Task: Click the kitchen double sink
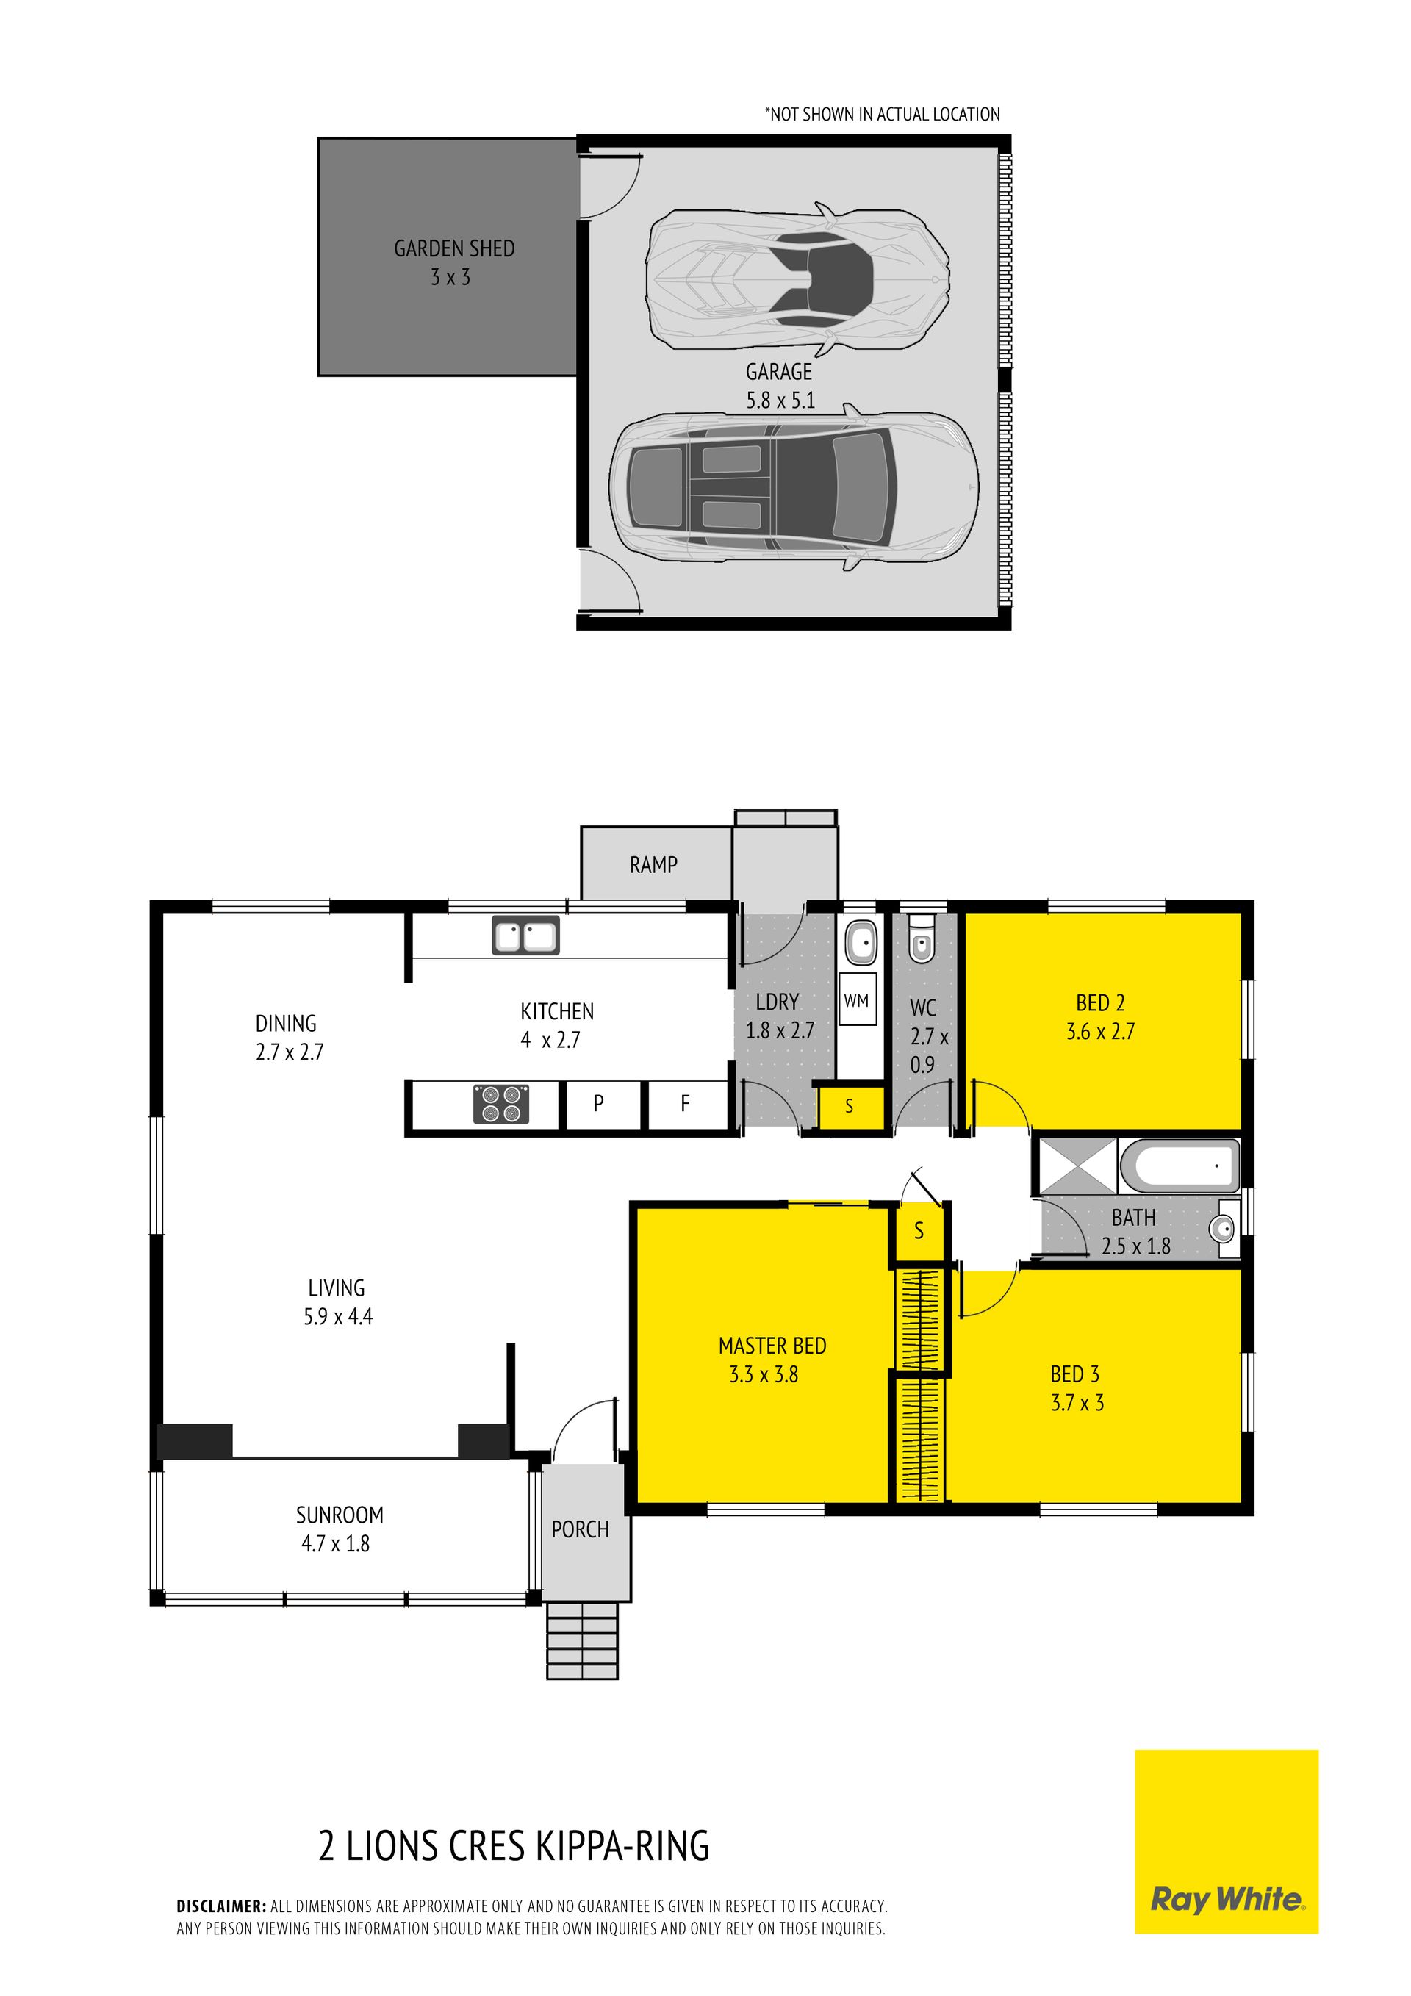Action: [526, 936]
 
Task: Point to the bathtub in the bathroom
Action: [1180, 1166]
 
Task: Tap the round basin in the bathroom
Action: [1223, 1229]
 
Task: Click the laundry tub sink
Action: [861, 941]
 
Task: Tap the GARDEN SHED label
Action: [455, 248]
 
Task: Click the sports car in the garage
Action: [797, 279]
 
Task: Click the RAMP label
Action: [654, 864]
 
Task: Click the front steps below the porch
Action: [583, 1640]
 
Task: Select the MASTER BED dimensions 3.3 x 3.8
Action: [764, 1374]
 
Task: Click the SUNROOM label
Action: [340, 1515]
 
